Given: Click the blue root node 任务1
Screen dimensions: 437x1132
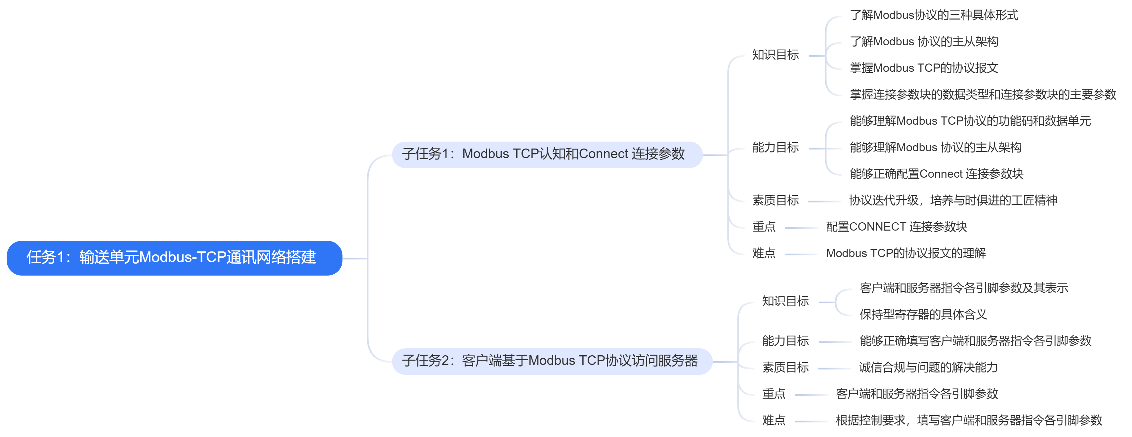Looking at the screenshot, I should (174, 258).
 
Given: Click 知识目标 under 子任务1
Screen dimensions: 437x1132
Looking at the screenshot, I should (775, 55).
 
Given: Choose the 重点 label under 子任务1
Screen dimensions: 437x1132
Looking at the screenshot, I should (764, 227).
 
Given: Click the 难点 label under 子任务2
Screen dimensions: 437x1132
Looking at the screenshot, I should (774, 420).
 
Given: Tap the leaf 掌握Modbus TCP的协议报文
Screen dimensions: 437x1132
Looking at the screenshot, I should (924, 68).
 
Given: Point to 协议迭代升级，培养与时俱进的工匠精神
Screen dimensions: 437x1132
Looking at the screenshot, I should (953, 200).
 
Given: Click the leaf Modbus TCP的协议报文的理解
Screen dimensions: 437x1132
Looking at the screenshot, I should (906, 253).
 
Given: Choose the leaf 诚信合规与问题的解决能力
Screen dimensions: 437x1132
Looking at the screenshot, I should (928, 368).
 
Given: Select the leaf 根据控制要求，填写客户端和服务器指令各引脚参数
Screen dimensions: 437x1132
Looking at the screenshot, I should (969, 420).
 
